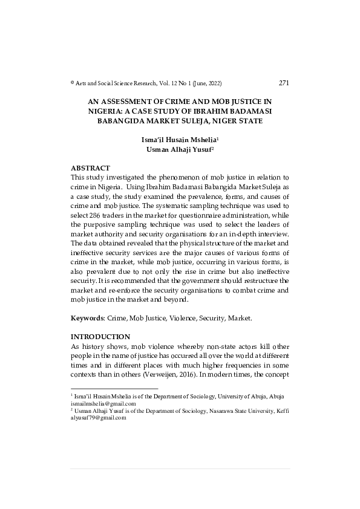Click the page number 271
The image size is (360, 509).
click(284, 83)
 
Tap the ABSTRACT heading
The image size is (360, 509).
click(91, 167)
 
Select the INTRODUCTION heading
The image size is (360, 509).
click(100, 336)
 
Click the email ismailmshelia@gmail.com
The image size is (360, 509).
click(103, 403)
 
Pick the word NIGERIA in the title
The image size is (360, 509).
click(107, 111)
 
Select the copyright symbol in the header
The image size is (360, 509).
click(73, 83)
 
